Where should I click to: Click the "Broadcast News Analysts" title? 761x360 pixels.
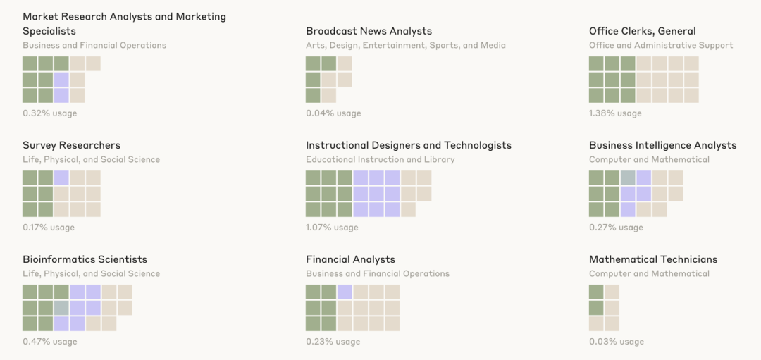coord(369,31)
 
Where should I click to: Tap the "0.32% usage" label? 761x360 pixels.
coord(49,113)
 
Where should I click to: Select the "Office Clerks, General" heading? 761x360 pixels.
coord(642,31)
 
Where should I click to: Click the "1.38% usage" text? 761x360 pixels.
coord(615,113)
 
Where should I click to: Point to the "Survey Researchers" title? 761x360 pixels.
coord(71,145)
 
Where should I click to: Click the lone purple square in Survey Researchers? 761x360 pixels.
coord(61,178)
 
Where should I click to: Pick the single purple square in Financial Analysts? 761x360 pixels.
coord(345,292)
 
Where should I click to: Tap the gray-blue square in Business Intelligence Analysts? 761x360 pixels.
coord(628,178)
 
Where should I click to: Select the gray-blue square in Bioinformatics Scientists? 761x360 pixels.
coord(61,308)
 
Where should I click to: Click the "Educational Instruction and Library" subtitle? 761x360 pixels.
coord(380,159)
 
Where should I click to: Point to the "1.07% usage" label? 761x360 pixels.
coord(332,228)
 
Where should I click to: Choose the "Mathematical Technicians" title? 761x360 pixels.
coord(653,259)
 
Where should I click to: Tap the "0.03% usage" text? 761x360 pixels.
coord(617,342)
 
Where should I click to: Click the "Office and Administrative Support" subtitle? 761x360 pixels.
coord(661,45)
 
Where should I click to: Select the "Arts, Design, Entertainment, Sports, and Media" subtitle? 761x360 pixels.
coord(405,45)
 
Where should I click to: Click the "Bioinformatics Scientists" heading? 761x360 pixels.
coord(85,259)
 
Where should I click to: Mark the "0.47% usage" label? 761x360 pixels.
coord(49,342)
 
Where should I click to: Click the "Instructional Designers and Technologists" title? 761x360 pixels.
coord(408,145)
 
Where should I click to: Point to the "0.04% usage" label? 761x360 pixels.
coord(333,113)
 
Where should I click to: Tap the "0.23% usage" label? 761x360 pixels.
coord(333,342)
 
